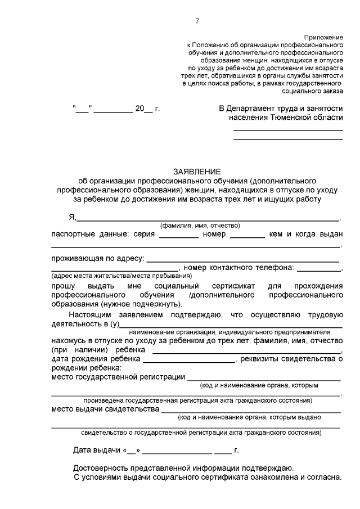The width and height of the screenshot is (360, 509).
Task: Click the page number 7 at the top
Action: pos(197,21)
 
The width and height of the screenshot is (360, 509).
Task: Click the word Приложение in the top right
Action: pos(323,35)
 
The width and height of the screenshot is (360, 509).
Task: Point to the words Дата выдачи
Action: pos(97,451)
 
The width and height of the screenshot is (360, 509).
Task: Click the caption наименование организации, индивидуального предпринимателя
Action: pos(224,332)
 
